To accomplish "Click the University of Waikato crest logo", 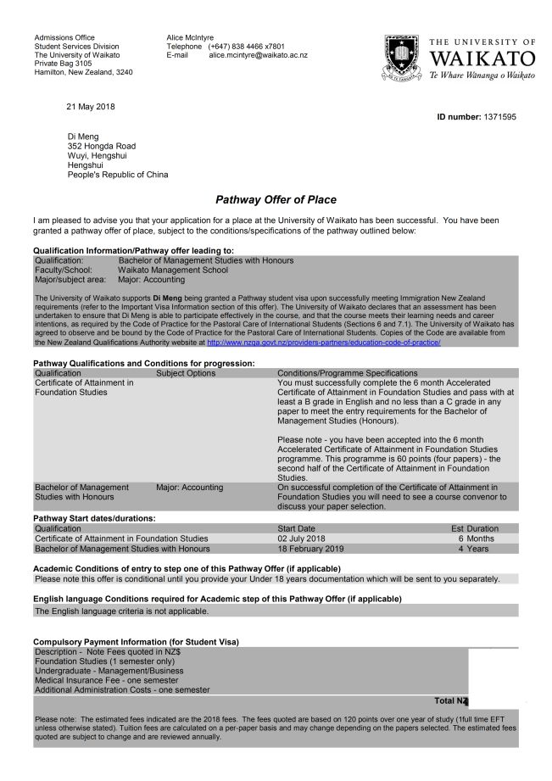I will click(x=402, y=57).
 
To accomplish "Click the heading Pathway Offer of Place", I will click(x=276, y=200).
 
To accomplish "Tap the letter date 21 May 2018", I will click(x=90, y=106).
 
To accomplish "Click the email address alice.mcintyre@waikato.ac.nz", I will click(x=258, y=55).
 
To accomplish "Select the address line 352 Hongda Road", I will click(x=101, y=146).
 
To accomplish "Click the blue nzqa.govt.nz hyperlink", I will click(x=323, y=342).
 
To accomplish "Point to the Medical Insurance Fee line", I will click(x=106, y=680).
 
